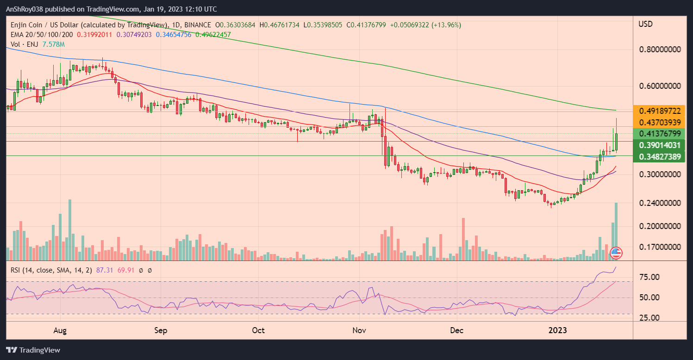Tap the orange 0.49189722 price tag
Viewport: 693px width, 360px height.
660,111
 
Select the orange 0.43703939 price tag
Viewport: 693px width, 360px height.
660,122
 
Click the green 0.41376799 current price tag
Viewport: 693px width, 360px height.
660,134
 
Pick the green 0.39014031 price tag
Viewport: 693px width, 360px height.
660,145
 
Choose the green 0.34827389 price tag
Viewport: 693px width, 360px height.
660,156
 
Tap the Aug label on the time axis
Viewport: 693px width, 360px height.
61,331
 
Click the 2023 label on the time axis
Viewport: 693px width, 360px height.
557,331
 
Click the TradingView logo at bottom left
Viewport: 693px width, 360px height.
33,350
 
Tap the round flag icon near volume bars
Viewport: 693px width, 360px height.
615,253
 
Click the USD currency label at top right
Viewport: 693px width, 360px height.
645,24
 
